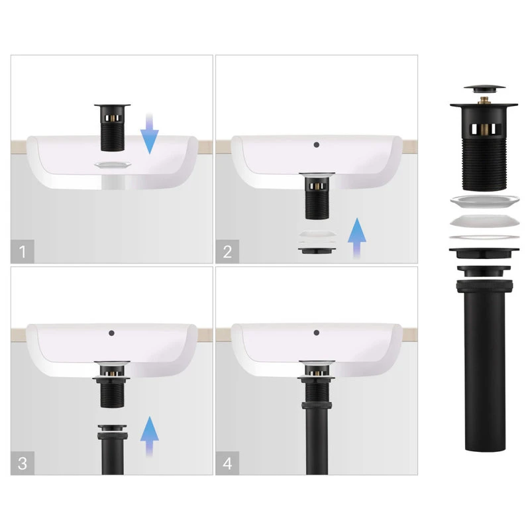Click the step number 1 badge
(x=23, y=252)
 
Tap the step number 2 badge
(x=227, y=252)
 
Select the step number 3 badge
(x=23, y=463)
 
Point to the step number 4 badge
(x=227, y=463)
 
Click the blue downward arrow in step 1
(x=150, y=134)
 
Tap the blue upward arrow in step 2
(x=357, y=238)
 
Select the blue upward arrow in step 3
(x=150, y=437)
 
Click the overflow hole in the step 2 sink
(x=317, y=144)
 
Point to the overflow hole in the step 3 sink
(x=111, y=333)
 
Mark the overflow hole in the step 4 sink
(x=317, y=333)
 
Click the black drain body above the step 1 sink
(x=113, y=128)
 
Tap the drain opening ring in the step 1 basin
(x=113, y=164)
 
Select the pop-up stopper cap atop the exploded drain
(x=484, y=89)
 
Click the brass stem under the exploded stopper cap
(x=484, y=100)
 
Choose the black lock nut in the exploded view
(x=484, y=252)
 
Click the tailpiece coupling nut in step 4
(x=317, y=405)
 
